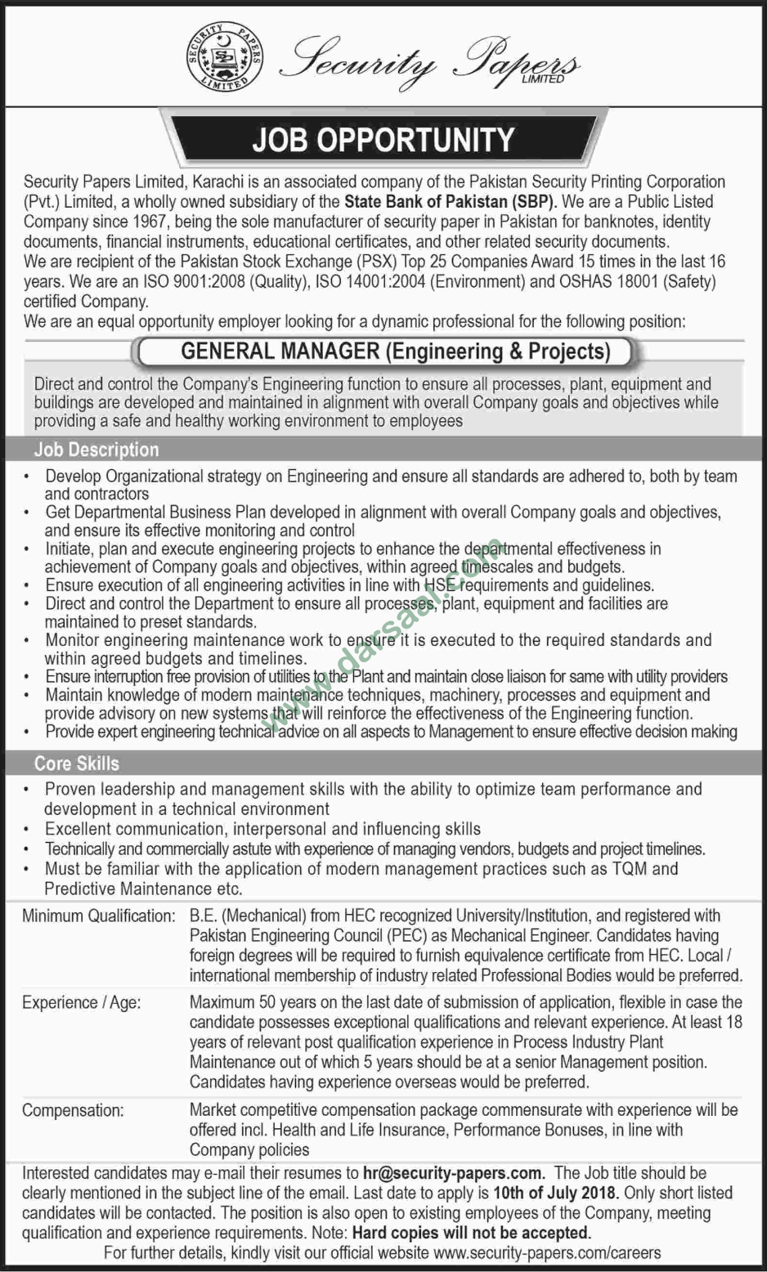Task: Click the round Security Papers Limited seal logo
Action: pos(225,56)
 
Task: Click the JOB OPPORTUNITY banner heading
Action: pos(383,139)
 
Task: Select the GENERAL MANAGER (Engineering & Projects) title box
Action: pos(396,352)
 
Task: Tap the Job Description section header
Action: pos(96,450)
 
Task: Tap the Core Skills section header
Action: pos(77,764)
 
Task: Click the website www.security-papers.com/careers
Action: pos(547,1252)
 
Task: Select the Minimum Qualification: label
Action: pos(99,916)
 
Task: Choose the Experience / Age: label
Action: pos(82,1002)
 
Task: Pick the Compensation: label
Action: pos(74,1110)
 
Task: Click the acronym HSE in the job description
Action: pos(441,585)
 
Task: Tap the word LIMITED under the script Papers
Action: pos(540,79)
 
